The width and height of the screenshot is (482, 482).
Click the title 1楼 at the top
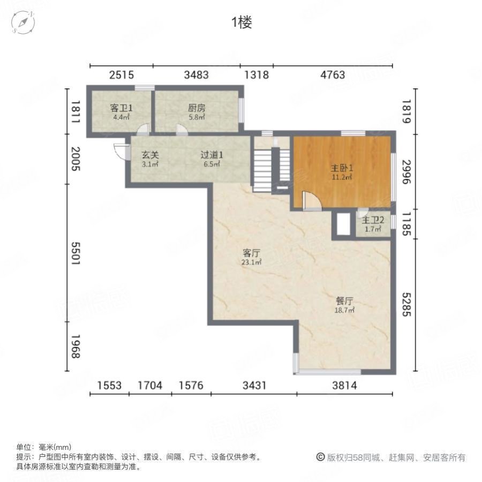pos(241,22)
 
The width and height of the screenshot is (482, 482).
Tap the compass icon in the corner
pos(23,22)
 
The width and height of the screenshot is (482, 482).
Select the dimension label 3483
pos(196,75)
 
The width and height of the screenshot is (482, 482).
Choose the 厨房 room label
pos(197,108)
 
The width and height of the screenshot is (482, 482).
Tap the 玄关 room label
pos(150,155)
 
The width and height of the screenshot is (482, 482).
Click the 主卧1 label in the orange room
pos(342,167)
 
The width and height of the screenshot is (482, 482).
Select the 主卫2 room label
pos(373,220)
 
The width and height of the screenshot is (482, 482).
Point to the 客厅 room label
pos(251,253)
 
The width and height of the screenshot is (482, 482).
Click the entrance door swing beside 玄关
pos(120,152)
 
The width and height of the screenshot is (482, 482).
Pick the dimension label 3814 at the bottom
pos(344,385)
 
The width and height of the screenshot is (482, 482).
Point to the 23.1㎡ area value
pos(251,262)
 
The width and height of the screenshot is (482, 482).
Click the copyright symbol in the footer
pos(320,457)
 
